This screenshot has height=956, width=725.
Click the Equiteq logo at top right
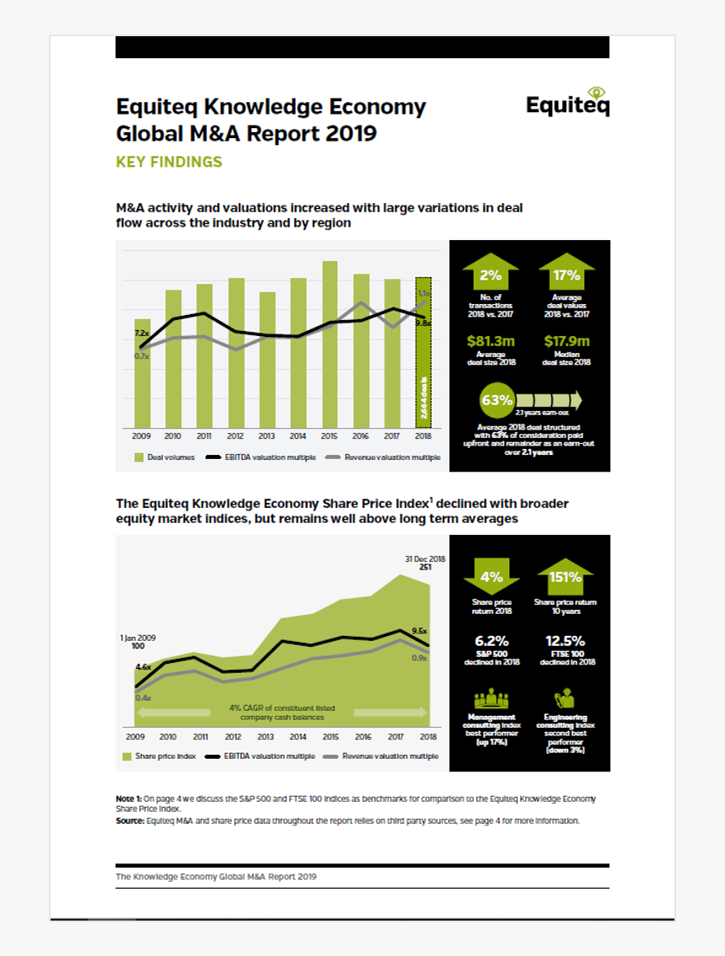567,102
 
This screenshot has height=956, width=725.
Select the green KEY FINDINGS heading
169,162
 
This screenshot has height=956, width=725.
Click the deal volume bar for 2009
143,371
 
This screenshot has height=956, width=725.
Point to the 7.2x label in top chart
141,334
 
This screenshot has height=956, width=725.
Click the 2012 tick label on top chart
235,435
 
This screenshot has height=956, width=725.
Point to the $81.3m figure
491,341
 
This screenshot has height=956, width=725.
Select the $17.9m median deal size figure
567,341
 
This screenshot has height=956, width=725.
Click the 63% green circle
497,400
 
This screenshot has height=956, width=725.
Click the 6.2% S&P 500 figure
491,641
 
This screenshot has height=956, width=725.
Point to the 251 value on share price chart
425,568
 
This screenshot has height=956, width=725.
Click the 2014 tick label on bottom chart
298,735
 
